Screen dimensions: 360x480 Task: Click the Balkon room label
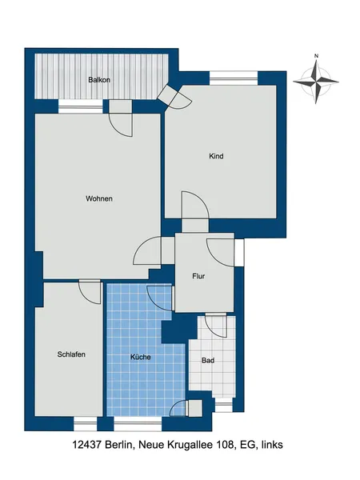pos(99,80)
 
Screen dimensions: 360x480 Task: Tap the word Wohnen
pos(99,198)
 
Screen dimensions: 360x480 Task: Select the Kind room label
pos(216,156)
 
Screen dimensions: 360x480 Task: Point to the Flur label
pos(198,276)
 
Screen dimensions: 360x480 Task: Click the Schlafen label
pos(71,354)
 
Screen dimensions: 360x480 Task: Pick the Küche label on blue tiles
pos(141,357)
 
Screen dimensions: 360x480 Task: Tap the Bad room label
pos(208,361)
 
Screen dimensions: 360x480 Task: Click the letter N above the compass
pos(317,56)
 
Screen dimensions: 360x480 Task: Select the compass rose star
pos(316,82)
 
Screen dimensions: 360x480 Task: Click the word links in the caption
pos(272,445)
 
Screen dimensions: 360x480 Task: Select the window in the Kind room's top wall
pos(234,78)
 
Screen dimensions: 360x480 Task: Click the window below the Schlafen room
pos(86,424)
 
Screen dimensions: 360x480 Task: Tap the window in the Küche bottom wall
pos(138,424)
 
